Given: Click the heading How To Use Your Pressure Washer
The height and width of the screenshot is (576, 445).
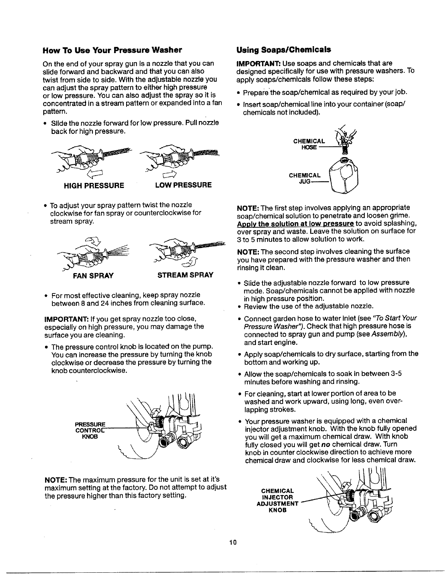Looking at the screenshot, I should click(x=112, y=49).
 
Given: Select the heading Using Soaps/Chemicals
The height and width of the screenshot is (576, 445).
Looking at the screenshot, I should click(x=284, y=49).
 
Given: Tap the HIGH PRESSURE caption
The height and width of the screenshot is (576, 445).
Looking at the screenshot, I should click(x=94, y=185).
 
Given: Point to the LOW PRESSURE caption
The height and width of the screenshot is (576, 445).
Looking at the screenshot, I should click(x=183, y=185).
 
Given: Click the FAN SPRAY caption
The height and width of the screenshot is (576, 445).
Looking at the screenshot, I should click(x=93, y=276).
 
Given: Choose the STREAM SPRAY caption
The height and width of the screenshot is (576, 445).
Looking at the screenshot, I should click(x=185, y=275).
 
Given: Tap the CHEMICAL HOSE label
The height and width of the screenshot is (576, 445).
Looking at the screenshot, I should click(x=309, y=144).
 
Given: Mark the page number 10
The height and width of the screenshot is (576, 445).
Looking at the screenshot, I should click(x=233, y=543).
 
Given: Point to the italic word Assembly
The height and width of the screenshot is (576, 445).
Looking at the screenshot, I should click(x=386, y=335).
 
